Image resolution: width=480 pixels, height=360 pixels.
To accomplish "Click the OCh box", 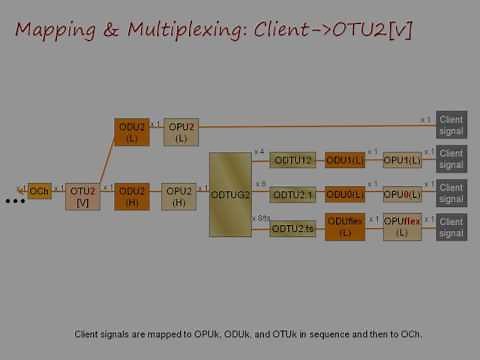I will (39, 191).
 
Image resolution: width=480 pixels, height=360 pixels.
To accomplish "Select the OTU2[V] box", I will (83, 196).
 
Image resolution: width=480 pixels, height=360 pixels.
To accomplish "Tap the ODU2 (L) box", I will (132, 132).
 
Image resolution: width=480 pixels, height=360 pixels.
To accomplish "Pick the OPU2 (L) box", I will (181, 132).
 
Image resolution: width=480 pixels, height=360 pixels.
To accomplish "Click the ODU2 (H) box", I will (132, 196).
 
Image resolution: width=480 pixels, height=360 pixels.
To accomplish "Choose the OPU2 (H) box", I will (179, 196).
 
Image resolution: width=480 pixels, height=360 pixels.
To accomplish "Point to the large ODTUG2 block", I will (230, 194).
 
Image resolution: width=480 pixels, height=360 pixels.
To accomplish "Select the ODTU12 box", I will (293, 160).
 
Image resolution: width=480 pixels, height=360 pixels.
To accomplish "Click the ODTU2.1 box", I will (293, 194).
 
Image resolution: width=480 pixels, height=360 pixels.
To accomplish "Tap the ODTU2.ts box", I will (293, 228).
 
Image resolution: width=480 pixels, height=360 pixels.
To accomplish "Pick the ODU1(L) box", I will (345, 160).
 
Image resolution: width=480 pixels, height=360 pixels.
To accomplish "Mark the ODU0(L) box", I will (345, 194).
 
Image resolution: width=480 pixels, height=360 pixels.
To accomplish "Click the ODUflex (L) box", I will (345, 227).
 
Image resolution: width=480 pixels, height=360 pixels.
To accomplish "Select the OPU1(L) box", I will (402, 160).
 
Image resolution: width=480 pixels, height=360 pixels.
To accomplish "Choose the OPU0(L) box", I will (402, 194).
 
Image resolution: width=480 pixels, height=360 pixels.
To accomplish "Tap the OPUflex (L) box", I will (402, 227).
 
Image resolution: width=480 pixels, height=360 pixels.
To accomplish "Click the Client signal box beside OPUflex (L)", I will (451, 226).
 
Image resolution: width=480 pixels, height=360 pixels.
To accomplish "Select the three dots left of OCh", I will (14, 202).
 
